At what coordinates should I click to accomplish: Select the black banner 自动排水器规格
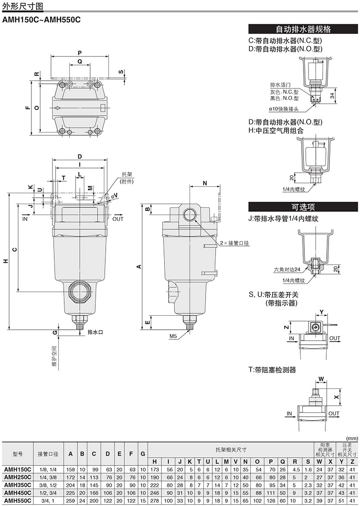click(303, 29)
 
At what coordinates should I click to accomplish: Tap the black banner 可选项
click(303, 206)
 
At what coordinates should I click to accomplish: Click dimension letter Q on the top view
click(79, 61)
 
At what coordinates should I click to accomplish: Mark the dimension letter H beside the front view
click(5, 261)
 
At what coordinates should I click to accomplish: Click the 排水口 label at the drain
click(95, 332)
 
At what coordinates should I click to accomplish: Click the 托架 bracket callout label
click(127, 174)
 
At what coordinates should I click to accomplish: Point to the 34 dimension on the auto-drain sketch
click(333, 95)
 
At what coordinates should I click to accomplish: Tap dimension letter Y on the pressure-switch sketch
click(321, 312)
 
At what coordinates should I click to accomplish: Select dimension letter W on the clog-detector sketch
click(321, 379)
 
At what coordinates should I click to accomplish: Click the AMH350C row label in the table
click(17, 485)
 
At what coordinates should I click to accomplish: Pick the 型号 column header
click(17, 454)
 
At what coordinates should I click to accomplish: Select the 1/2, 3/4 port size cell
click(47, 492)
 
